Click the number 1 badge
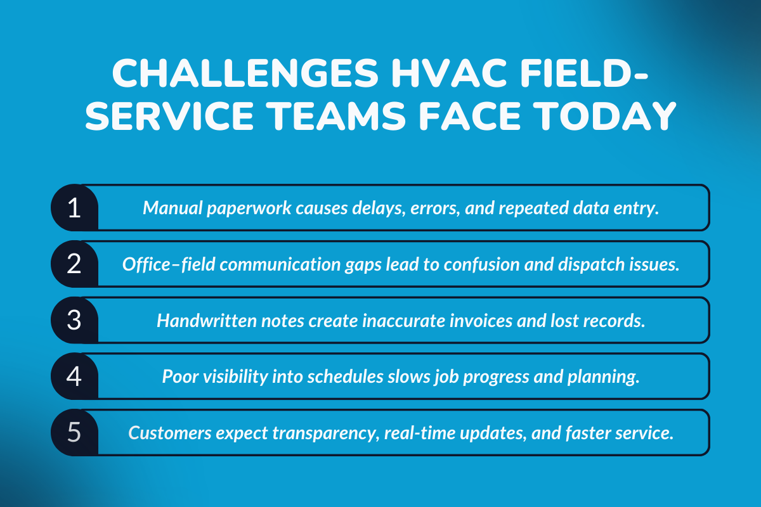(74, 208)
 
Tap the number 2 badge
(74, 264)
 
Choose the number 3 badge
(74, 320)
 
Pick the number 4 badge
(74, 376)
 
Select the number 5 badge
(74, 432)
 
